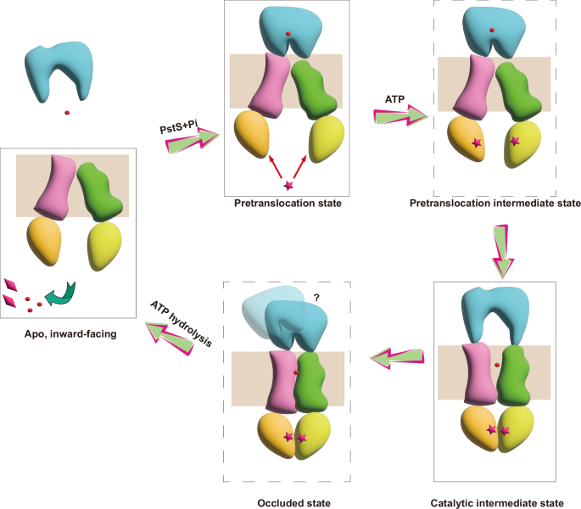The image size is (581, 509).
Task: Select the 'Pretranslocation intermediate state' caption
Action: (x=494, y=204)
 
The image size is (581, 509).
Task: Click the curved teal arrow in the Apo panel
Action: (x=60, y=294)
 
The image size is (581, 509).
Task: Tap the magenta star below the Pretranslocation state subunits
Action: (x=288, y=185)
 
